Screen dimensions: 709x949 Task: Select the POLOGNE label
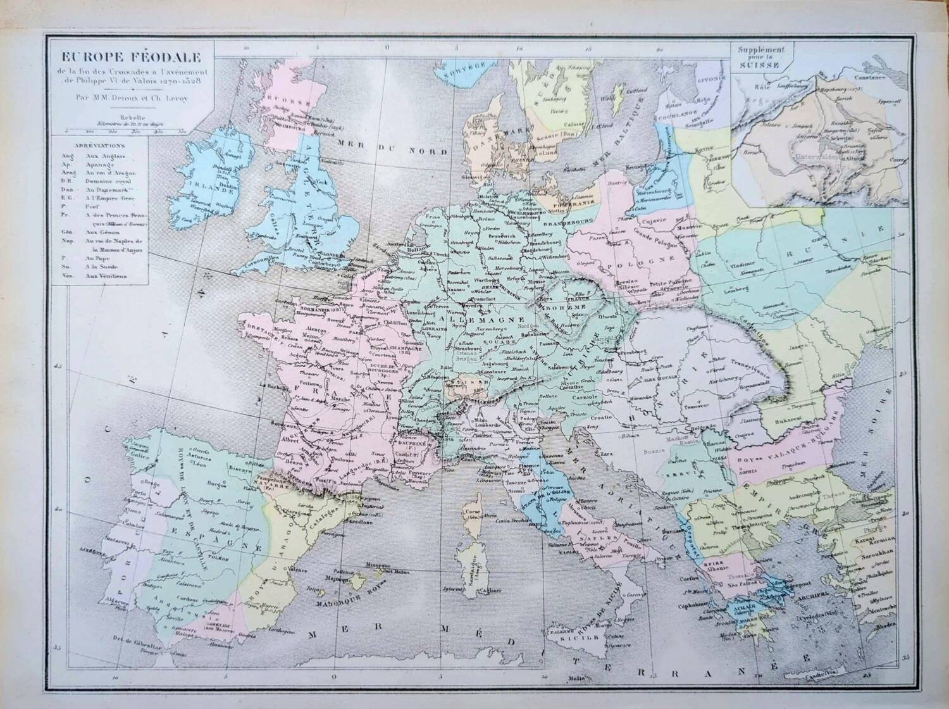pyautogui.click(x=629, y=260)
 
